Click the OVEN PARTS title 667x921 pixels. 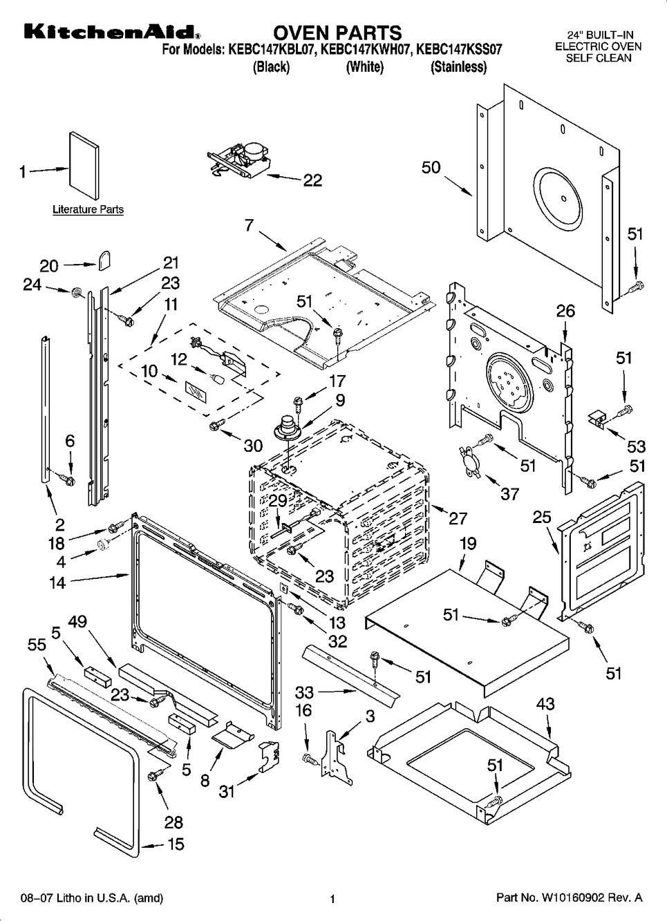tap(337, 32)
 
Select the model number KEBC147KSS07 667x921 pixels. tap(459, 50)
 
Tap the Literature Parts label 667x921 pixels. tap(88, 209)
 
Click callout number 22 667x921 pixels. tap(312, 180)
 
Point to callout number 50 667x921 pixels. tap(431, 168)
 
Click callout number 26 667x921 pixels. tap(565, 312)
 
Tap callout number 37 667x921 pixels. tap(509, 493)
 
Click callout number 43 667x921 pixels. tap(545, 704)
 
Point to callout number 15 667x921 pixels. tap(176, 844)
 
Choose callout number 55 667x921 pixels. tap(37, 645)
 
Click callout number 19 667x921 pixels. tap(468, 544)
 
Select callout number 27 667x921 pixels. tap(458, 518)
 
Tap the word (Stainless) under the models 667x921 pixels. tap(458, 68)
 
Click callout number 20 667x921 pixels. tap(48, 265)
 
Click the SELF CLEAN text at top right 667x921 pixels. tap(599, 58)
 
